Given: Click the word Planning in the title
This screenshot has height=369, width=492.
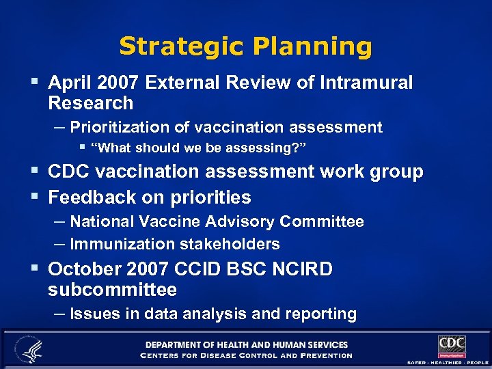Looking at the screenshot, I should (312, 46).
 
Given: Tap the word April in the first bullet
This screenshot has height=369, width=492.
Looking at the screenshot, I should (69, 83).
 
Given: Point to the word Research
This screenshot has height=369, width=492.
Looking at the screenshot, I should (90, 103).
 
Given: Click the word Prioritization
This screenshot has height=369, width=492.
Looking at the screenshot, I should (130, 127).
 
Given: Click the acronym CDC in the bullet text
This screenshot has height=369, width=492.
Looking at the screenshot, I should (70, 172).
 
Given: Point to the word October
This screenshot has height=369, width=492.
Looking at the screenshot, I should (85, 269).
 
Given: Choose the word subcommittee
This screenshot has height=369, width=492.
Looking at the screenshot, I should (112, 290).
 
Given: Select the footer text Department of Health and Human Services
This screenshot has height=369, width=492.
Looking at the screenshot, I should (246, 345).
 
